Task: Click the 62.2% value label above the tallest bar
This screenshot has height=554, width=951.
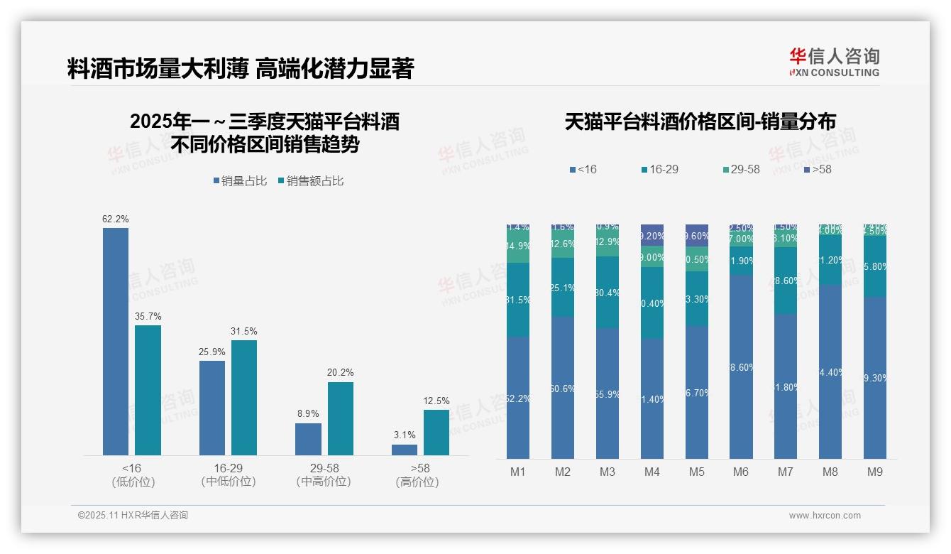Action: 116,219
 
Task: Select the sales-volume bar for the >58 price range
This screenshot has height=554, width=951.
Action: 405,450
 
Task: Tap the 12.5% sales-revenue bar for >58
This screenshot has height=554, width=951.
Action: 436,433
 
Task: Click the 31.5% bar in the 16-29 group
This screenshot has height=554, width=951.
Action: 244,398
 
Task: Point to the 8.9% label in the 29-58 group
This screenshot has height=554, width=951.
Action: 308,413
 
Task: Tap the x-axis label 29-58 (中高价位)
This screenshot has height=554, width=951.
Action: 324,475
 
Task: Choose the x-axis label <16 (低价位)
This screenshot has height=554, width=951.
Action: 133,475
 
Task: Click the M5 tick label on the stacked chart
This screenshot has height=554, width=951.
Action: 696,472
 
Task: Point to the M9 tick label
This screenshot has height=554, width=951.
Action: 875,472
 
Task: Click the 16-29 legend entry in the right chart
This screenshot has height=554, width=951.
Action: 659,170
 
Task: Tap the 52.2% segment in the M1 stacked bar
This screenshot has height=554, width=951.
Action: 518,398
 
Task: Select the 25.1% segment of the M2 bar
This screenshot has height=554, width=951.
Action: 563,288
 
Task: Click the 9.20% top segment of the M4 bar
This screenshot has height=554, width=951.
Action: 652,235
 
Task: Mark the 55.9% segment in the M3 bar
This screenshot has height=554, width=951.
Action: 608,393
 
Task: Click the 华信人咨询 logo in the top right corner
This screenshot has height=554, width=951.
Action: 834,62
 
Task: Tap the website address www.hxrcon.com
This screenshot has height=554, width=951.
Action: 825,516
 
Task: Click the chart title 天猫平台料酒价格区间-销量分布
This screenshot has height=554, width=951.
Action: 700,122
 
